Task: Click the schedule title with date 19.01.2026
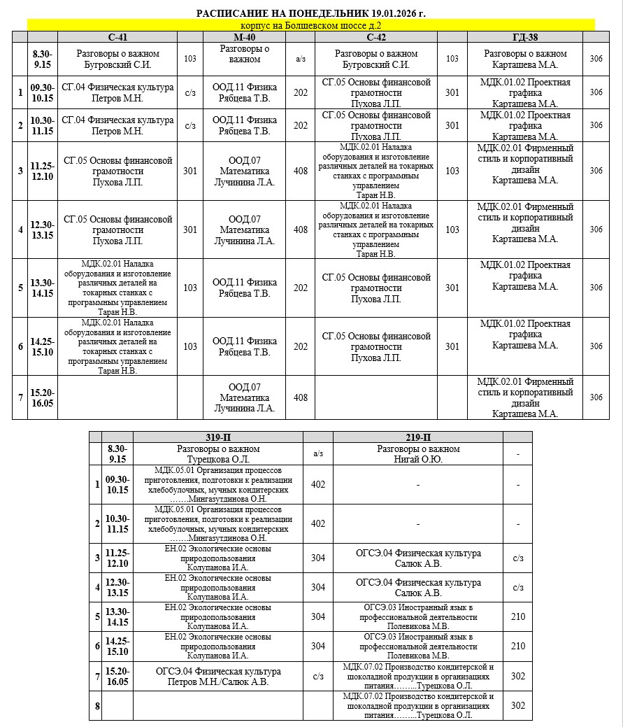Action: [x=310, y=13]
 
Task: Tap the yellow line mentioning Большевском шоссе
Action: [x=310, y=25]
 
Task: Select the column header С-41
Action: [x=117, y=36]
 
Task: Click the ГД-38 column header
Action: [x=525, y=36]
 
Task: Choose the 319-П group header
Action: [x=218, y=437]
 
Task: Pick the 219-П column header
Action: [x=417, y=437]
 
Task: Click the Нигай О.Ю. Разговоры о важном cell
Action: [x=417, y=453]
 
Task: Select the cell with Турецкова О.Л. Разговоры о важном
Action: [x=218, y=453]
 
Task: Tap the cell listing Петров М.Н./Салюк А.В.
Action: [x=218, y=676]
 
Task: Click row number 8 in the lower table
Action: [x=96, y=705]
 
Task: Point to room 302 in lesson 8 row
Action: [x=517, y=705]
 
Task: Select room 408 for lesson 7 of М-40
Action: [x=300, y=397]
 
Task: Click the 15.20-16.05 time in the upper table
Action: [x=42, y=397]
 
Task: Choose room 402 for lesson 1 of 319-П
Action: [x=318, y=484]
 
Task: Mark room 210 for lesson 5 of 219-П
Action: [x=517, y=616]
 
